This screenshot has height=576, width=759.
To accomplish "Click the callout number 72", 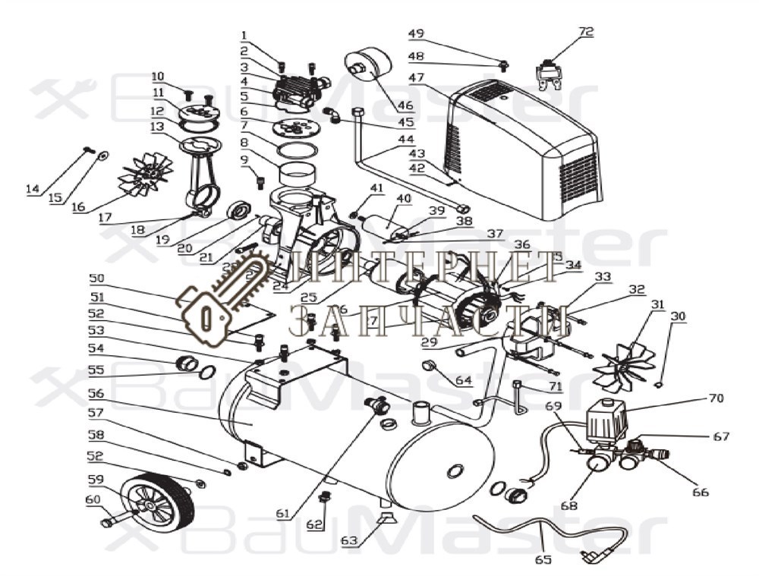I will click(585, 32).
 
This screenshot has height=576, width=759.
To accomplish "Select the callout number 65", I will click(543, 561).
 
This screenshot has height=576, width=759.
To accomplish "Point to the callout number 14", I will click(32, 190).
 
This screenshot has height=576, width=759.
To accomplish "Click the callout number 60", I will click(92, 499).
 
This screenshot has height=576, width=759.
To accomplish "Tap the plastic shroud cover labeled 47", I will click(524, 152).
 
